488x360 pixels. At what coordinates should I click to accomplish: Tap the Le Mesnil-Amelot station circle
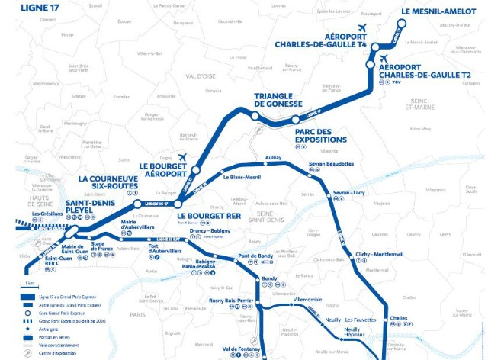(401, 21)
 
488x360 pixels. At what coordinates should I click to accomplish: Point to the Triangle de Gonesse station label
(278, 99)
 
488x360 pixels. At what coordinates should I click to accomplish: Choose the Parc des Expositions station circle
(295, 119)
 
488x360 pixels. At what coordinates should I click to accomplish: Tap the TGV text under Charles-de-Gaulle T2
(396, 92)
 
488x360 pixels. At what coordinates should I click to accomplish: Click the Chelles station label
(398, 317)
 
